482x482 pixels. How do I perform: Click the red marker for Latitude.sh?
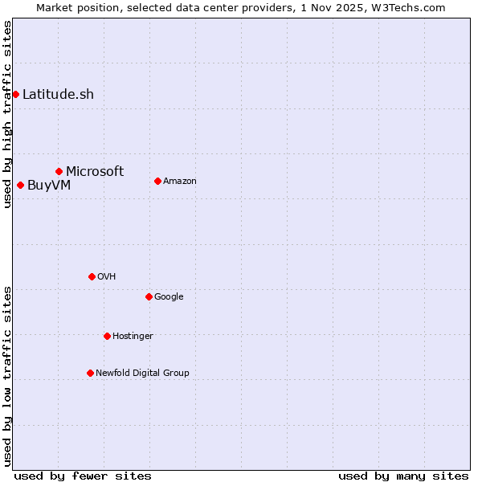[15, 94]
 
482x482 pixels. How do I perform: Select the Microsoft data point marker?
[59, 171]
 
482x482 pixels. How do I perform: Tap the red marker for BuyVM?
[20, 185]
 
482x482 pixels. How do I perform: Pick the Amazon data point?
[157, 181]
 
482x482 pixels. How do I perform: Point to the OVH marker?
[92, 276]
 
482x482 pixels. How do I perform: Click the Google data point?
[149, 296]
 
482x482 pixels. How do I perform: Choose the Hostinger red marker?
[107, 336]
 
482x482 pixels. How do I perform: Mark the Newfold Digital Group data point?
[90, 373]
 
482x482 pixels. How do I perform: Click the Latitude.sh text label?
[58, 94]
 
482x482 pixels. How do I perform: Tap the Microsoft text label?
[95, 171]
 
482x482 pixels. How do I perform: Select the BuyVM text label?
[49, 185]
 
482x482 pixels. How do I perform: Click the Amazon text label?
[180, 181]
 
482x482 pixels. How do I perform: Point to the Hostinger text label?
[133, 336]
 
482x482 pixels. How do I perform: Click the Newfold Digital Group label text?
[142, 373]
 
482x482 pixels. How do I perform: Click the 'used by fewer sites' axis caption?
[83, 476]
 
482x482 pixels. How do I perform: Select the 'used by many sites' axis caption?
[403, 476]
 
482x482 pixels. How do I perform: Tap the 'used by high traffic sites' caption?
[7, 114]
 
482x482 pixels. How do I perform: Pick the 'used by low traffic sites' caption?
[7, 375]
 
